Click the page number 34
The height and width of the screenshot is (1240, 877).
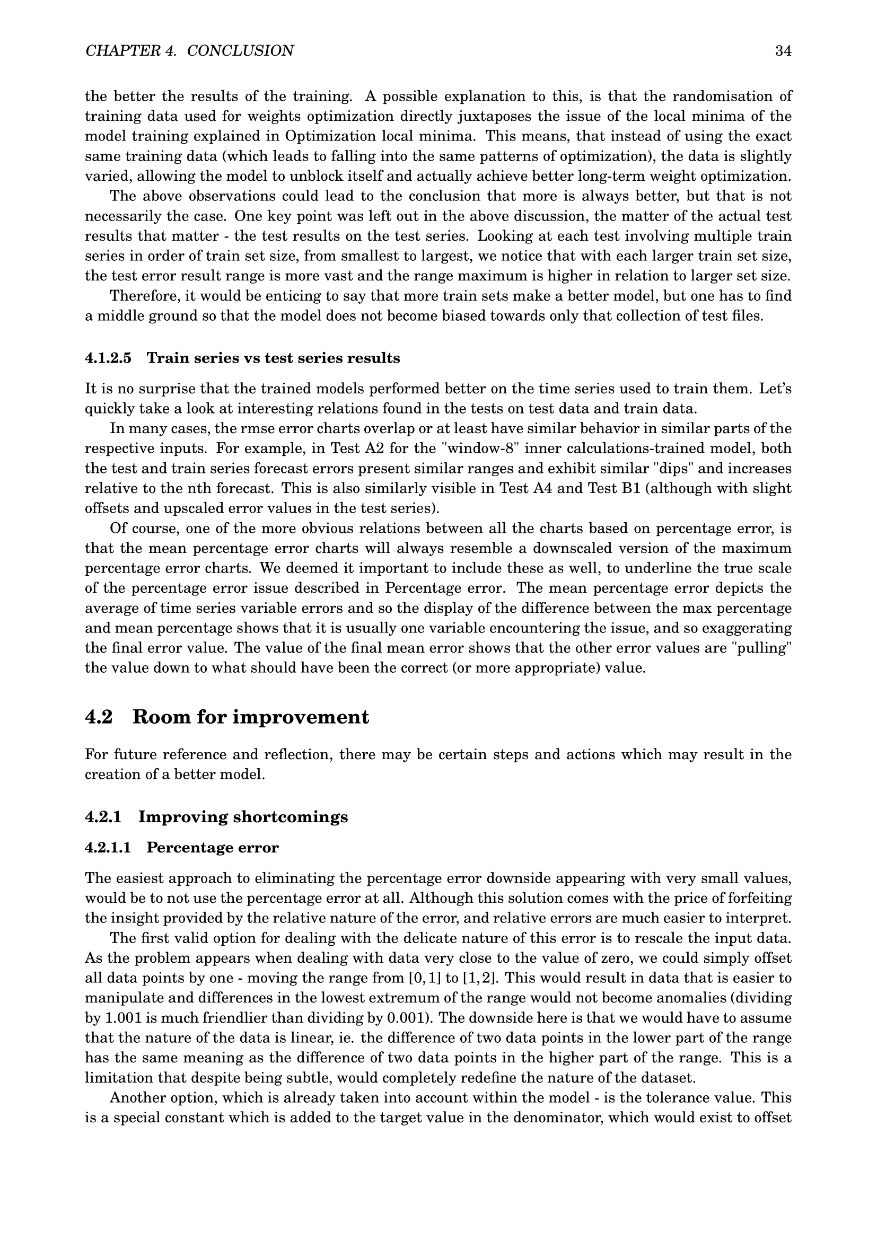783,51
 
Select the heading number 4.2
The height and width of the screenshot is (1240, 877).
99,717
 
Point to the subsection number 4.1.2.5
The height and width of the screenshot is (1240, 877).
108,358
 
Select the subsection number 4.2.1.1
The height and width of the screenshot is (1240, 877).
108,847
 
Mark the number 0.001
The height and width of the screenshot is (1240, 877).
404,1018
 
